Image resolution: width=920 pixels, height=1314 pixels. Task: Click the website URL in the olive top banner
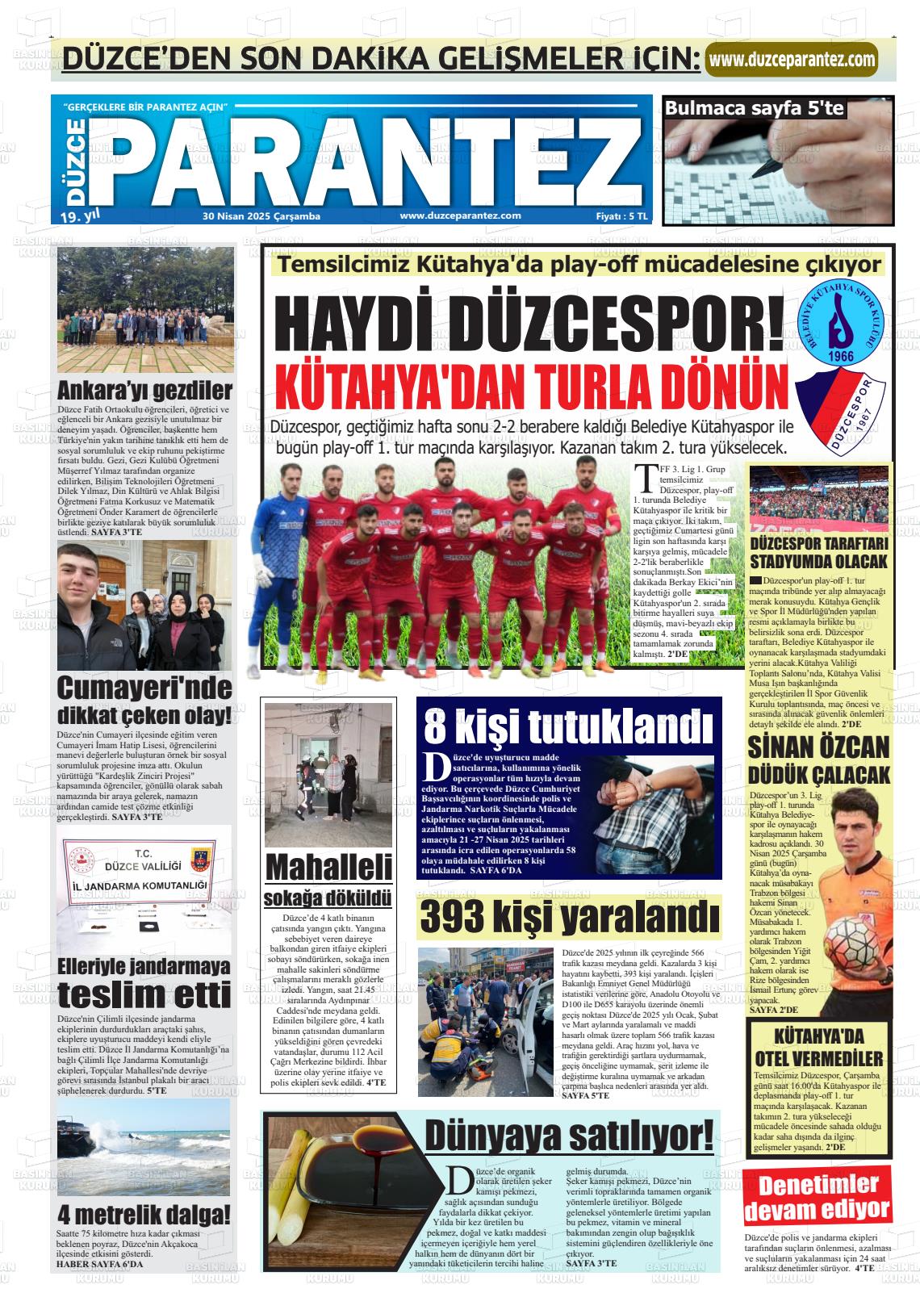(x=792, y=60)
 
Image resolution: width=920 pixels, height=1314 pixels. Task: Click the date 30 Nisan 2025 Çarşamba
(x=261, y=216)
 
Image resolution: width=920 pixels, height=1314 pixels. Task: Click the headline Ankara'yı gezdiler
(x=144, y=391)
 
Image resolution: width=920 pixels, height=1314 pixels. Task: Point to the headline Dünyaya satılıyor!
(x=569, y=1136)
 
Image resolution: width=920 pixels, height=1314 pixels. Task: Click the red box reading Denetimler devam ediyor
(x=817, y=1198)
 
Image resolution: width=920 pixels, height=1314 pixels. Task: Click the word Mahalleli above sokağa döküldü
(x=328, y=868)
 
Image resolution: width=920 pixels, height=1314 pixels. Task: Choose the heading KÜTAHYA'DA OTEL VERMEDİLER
(x=818, y=1047)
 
